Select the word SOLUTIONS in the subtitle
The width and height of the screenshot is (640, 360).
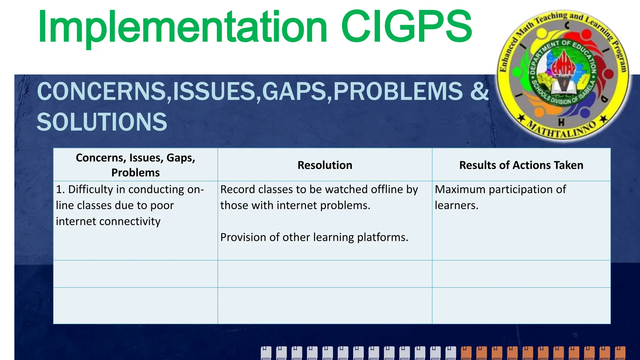pyautogui.click(x=102, y=122)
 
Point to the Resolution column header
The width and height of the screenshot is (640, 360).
pyautogui.click(x=325, y=165)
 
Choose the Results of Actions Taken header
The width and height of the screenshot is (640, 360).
pyautogui.click(x=521, y=165)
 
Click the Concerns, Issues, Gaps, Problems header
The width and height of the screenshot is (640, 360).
pyautogui.click(x=135, y=165)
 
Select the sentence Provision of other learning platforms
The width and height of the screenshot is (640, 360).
pyautogui.click(x=314, y=237)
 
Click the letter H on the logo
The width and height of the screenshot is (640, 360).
pyautogui.click(x=561, y=122)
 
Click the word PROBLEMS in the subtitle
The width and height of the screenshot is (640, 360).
pyautogui.click(x=398, y=91)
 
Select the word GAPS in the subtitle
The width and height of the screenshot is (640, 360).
pyautogui.click(x=294, y=91)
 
